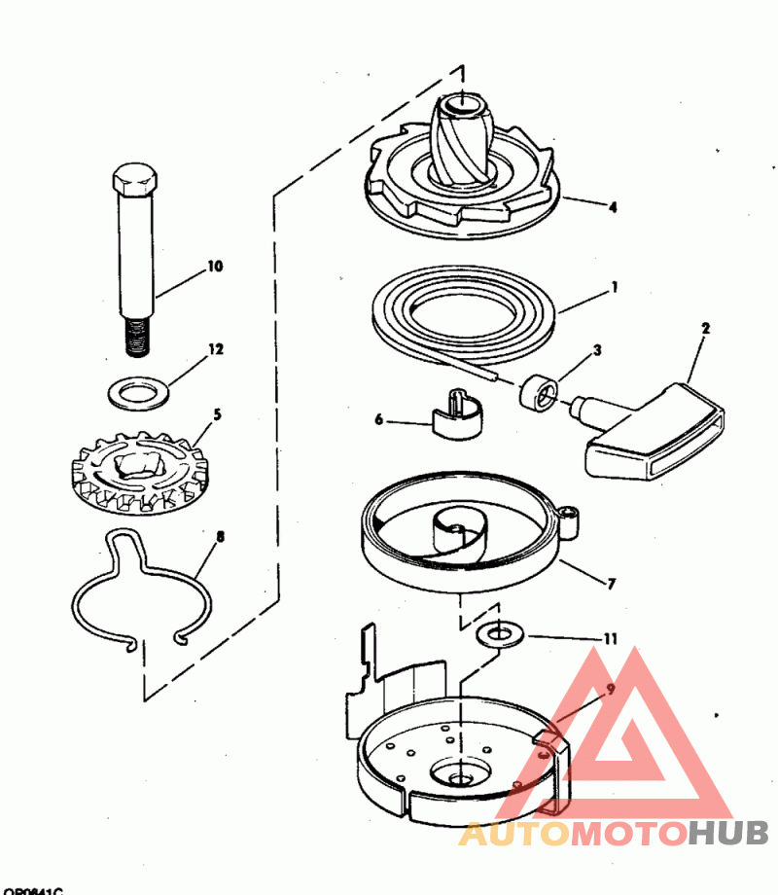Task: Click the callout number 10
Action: [214, 265]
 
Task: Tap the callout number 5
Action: [216, 414]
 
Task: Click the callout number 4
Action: [613, 206]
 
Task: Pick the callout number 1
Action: [614, 288]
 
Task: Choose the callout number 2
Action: [705, 328]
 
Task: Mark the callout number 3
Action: [597, 348]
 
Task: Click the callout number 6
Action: [380, 420]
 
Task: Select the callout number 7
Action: [611, 585]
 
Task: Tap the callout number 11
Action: [610, 639]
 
